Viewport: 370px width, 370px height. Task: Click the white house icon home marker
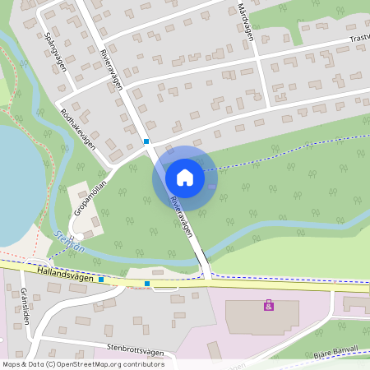[x=184, y=177]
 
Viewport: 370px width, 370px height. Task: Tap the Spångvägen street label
[x=55, y=52]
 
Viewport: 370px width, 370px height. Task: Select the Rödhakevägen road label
[x=78, y=128]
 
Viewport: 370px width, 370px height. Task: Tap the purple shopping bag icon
[x=268, y=305]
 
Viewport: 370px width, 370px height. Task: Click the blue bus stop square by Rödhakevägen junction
[x=146, y=141]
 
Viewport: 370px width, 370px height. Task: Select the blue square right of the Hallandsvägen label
[x=101, y=280]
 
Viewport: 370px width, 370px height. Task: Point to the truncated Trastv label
[x=358, y=38]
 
